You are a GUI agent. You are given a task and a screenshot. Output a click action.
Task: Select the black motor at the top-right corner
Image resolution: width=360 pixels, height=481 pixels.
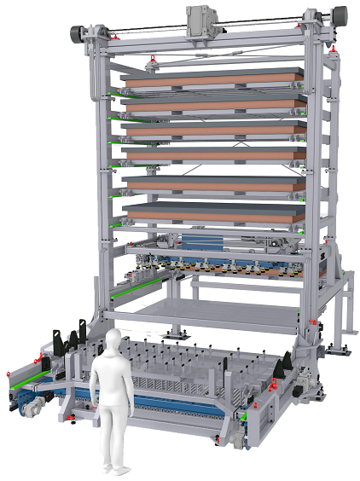click(x=338, y=15)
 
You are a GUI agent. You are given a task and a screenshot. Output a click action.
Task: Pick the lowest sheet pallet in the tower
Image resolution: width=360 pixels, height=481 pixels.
click(x=213, y=211)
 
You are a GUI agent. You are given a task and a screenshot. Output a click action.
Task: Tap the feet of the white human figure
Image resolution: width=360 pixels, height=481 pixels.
click(x=111, y=468)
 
